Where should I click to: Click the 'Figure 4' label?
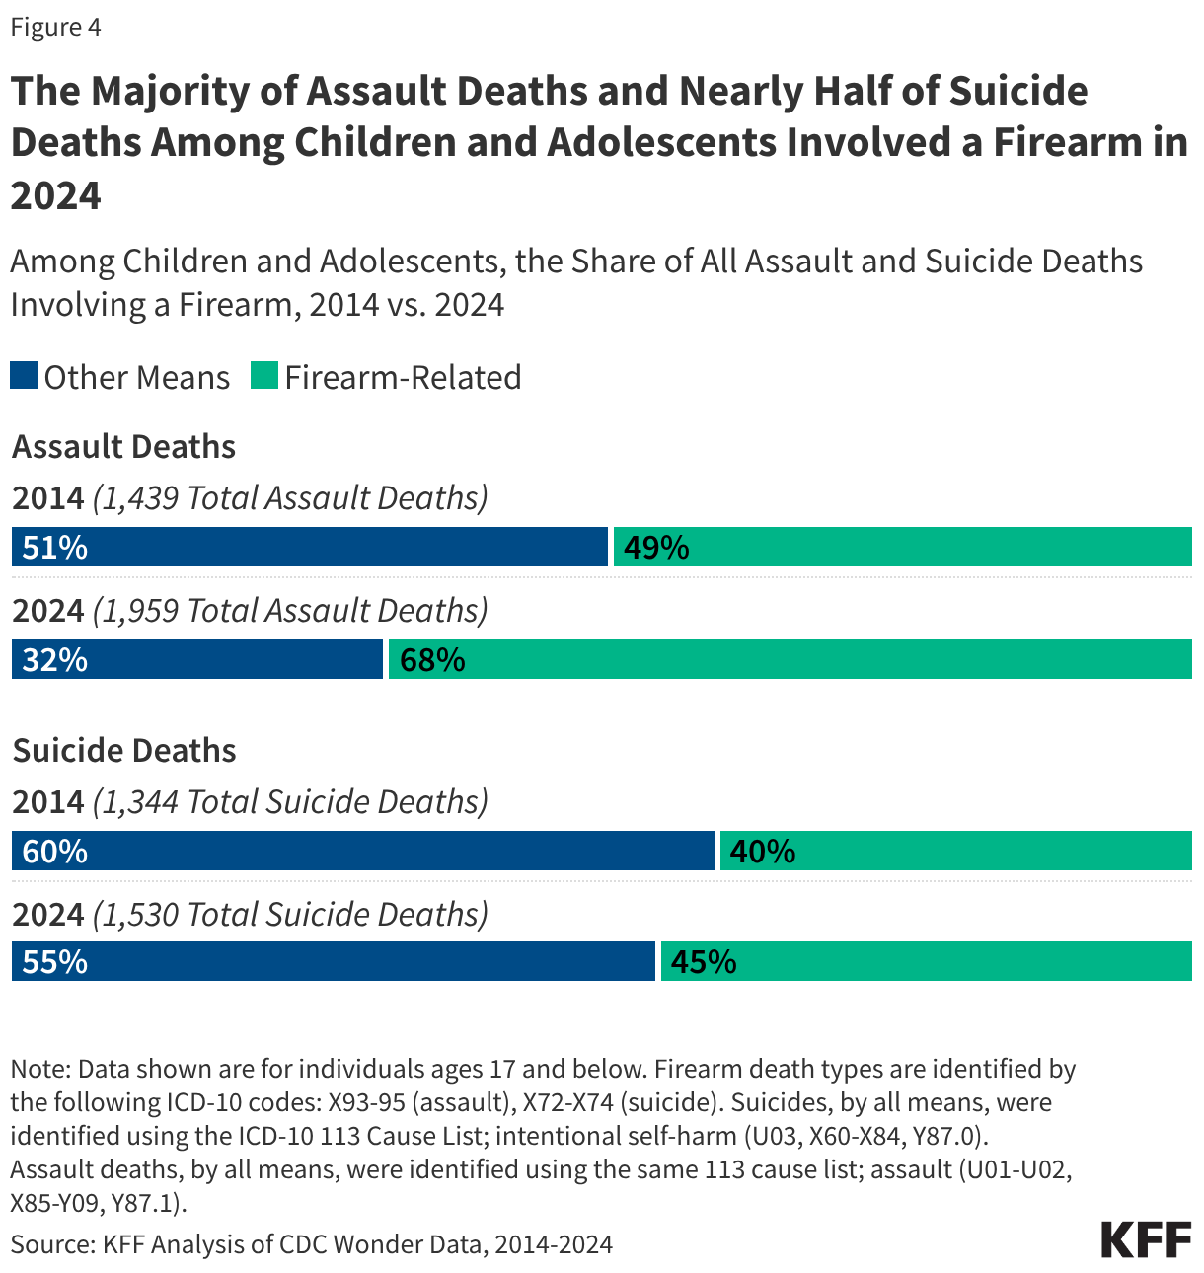[x=55, y=27]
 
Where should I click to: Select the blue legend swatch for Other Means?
[x=24, y=376]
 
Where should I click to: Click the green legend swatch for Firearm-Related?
[x=264, y=376]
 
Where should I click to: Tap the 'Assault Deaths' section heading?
[x=123, y=447]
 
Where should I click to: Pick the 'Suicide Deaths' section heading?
[x=123, y=751]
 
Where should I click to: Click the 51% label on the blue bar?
[x=54, y=548]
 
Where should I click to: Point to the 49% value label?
[x=656, y=548]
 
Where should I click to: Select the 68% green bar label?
[x=432, y=660]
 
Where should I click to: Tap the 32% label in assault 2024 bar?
[x=54, y=660]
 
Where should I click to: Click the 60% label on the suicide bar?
[x=54, y=852]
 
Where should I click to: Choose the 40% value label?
[x=763, y=852]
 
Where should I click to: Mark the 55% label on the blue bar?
[x=54, y=962]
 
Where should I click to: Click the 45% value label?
[x=704, y=962]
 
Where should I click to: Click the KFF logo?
[x=1146, y=1239]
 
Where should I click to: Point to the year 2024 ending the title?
[x=55, y=195]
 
